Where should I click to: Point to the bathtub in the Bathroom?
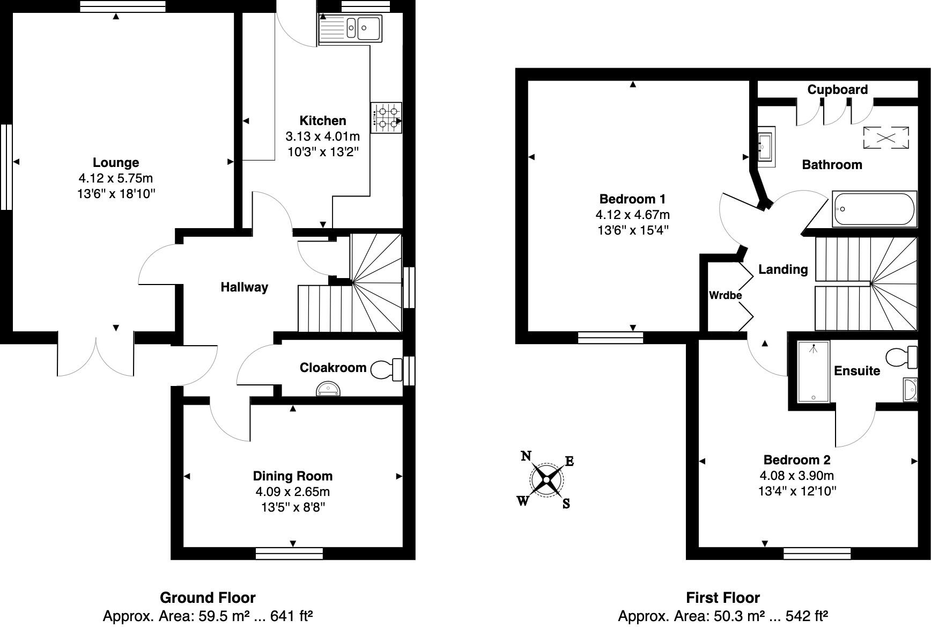874,208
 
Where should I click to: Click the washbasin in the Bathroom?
765,147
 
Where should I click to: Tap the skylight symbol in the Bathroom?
885,137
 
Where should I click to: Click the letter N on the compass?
526,456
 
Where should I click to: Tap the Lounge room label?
116,163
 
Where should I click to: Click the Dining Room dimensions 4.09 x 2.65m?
292,492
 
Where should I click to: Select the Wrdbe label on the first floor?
725,295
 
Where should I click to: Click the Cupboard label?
837,90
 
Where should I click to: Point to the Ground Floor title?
208,597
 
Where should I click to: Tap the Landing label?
782,269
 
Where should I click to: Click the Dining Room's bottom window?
289,553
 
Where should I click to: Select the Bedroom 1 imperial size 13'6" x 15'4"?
633,230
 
